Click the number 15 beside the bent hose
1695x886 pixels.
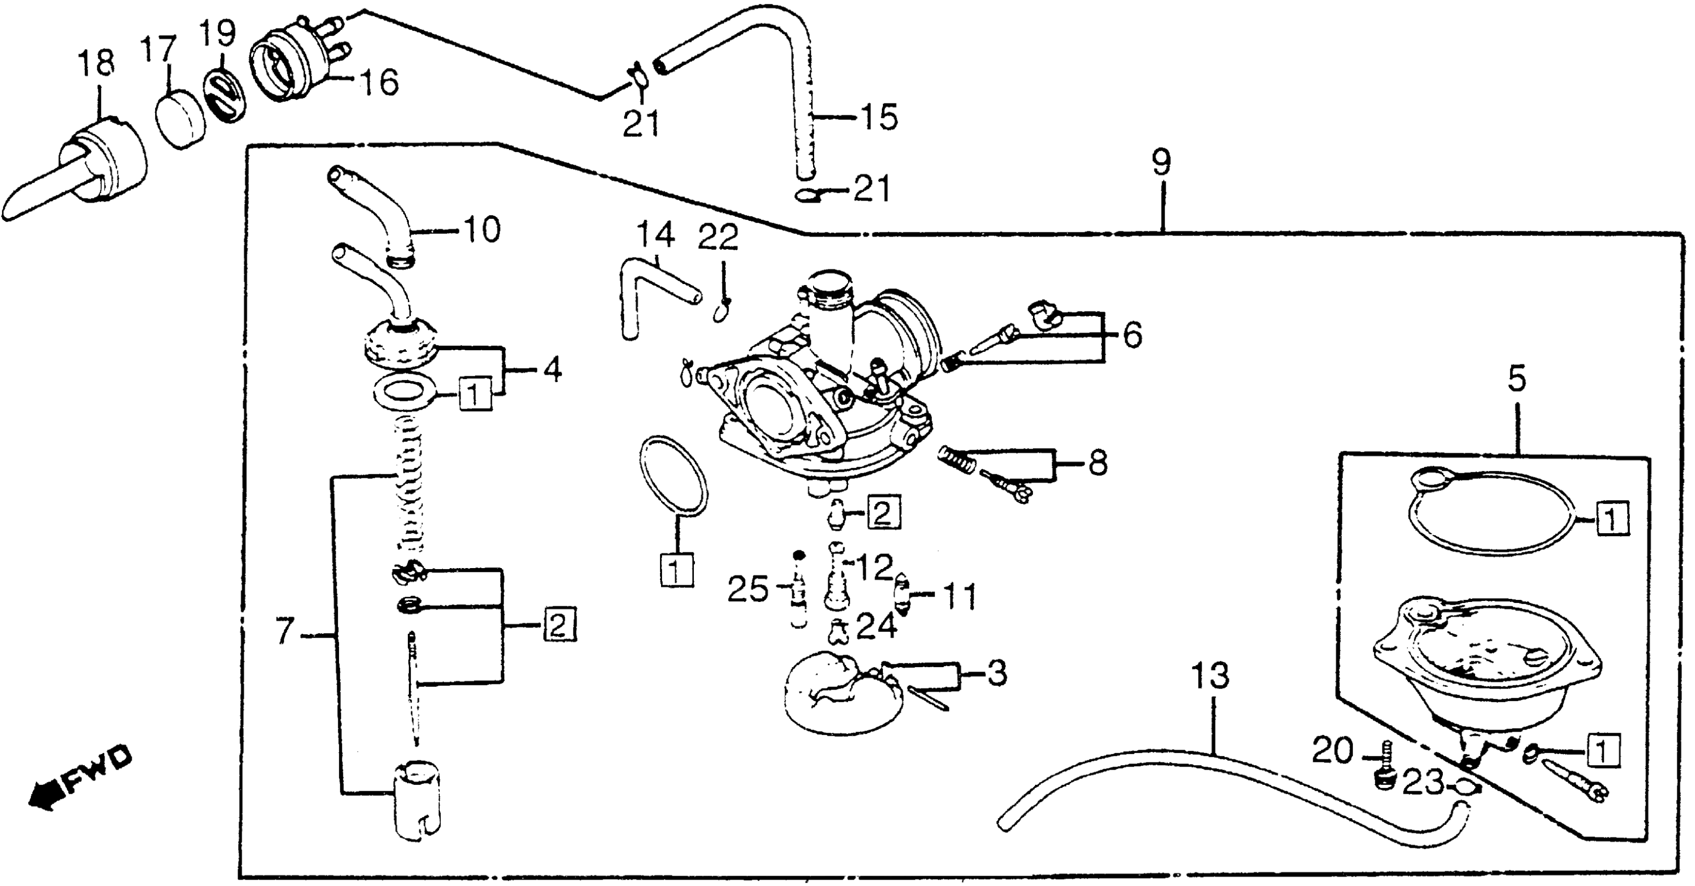tap(878, 118)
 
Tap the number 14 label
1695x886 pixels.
tap(655, 235)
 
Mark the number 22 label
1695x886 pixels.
tap(718, 238)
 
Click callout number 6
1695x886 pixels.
tap(1132, 336)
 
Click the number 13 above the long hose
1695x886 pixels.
tap(1210, 676)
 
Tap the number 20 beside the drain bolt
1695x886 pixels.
tap(1333, 750)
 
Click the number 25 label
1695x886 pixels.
tap(747, 590)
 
